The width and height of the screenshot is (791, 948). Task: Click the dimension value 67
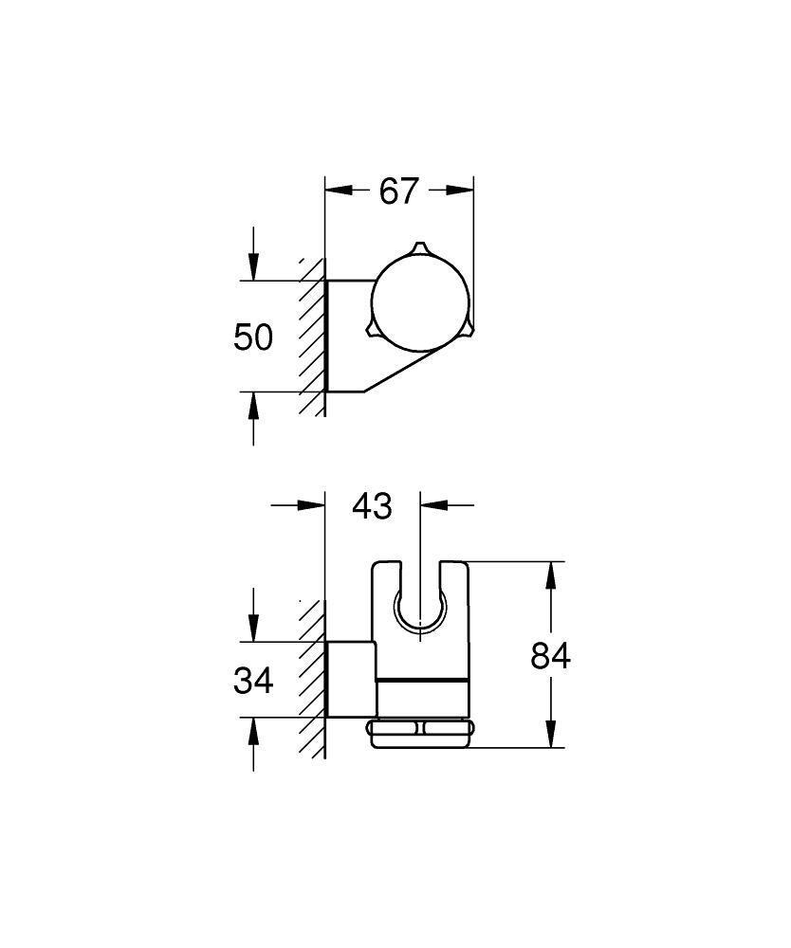[x=397, y=191]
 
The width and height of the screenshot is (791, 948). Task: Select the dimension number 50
[x=253, y=337]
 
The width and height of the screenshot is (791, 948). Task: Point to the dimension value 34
[x=253, y=680]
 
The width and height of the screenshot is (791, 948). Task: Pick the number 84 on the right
[x=550, y=655]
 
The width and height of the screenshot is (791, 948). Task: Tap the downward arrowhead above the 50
[x=253, y=267]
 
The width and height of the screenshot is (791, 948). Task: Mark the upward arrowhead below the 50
[x=253, y=404]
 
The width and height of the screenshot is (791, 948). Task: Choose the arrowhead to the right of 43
[x=432, y=505]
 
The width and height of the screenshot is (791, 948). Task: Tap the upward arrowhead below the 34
[x=253, y=730]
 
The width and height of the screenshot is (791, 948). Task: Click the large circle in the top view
[x=418, y=302]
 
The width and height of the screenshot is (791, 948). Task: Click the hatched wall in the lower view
[x=312, y=683]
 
